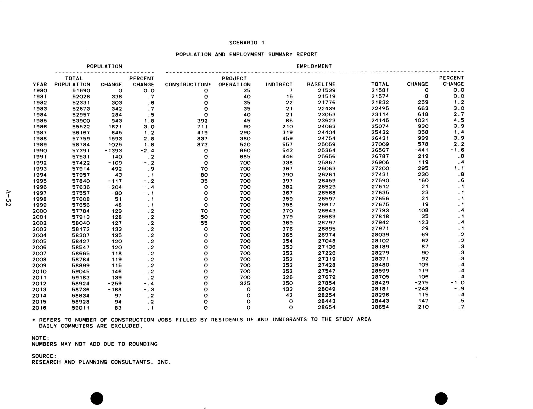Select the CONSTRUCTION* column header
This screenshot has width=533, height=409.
pos(188,84)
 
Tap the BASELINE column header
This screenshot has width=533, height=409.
pos(321,84)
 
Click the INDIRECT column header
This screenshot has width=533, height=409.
pos(279,84)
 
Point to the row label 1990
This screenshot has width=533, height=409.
pos(40,151)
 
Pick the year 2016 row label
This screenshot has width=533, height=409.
pos(39,308)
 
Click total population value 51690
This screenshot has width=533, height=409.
pos(81,91)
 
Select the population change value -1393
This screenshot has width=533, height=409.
pos(113,151)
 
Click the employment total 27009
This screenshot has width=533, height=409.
pos(380,144)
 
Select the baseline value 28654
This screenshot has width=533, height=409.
pos(327,307)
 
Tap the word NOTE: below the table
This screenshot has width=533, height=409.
pos(40,338)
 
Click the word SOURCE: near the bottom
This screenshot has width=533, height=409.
pos(44,356)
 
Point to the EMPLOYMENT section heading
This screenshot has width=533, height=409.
pos(314,66)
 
